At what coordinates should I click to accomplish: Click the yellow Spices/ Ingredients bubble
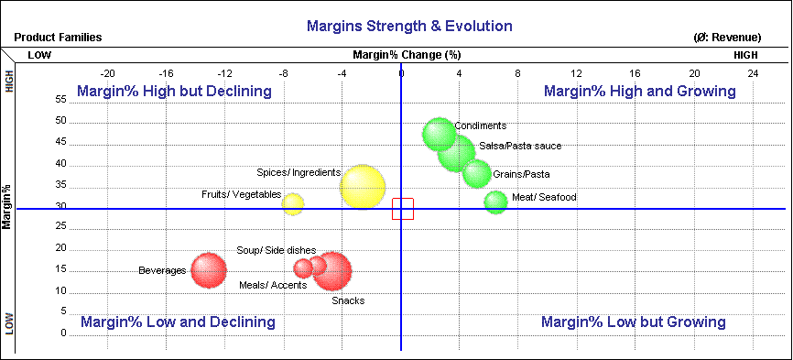[364, 187]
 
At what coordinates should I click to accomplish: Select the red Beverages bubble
[209, 270]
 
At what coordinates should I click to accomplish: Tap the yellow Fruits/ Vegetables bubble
[292, 203]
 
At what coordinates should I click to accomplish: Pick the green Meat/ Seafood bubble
[495, 202]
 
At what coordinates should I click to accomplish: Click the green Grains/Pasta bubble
[476, 173]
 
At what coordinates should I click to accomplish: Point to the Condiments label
[480, 126]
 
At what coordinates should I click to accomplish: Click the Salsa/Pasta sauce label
[520, 147]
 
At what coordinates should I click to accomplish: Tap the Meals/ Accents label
[273, 285]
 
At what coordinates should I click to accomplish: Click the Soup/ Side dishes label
[276, 250]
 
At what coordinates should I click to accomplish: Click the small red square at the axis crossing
[403, 209]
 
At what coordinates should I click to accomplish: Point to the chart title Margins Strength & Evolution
[409, 26]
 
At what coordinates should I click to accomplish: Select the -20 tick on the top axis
[107, 73]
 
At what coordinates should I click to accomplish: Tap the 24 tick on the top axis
[753, 73]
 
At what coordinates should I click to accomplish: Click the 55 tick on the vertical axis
[61, 99]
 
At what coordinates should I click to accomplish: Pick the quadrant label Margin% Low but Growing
[633, 322]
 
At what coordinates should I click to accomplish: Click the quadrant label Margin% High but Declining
[174, 92]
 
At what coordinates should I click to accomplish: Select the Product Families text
[58, 38]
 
